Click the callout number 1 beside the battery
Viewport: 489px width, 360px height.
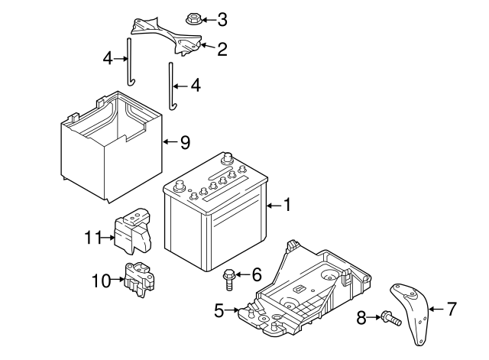(x=287, y=204)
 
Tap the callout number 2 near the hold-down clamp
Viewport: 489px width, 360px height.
(x=222, y=50)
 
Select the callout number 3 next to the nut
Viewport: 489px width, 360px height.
(x=222, y=18)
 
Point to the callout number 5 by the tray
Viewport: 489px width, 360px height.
(x=219, y=310)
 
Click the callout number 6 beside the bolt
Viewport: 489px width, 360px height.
(x=256, y=274)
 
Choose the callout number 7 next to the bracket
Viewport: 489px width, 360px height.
(x=451, y=310)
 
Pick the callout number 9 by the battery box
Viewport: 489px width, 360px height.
(x=184, y=142)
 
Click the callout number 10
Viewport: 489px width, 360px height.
(x=102, y=281)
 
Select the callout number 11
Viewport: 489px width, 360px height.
(x=93, y=238)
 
